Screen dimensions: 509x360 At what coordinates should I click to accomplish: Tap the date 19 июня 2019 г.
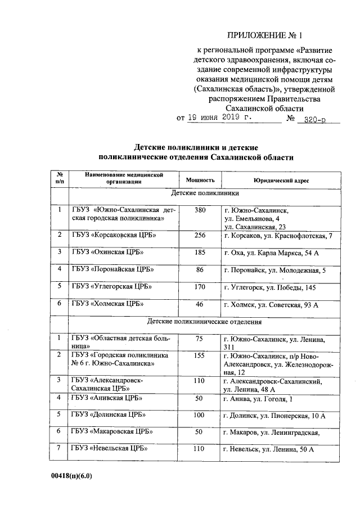pos(220,118)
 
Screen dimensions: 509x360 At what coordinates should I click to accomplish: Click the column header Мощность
pos(200,180)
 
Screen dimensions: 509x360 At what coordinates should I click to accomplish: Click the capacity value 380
pos(200,210)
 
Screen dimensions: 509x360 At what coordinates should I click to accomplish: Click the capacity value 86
pos(200,270)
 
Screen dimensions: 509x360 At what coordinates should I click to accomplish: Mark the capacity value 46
pos(200,305)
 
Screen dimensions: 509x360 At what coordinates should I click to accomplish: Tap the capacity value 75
pos(200,339)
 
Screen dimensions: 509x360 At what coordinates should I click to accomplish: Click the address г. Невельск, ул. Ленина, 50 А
pos(268,449)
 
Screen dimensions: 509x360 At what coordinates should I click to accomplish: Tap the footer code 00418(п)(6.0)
pos(71,475)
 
